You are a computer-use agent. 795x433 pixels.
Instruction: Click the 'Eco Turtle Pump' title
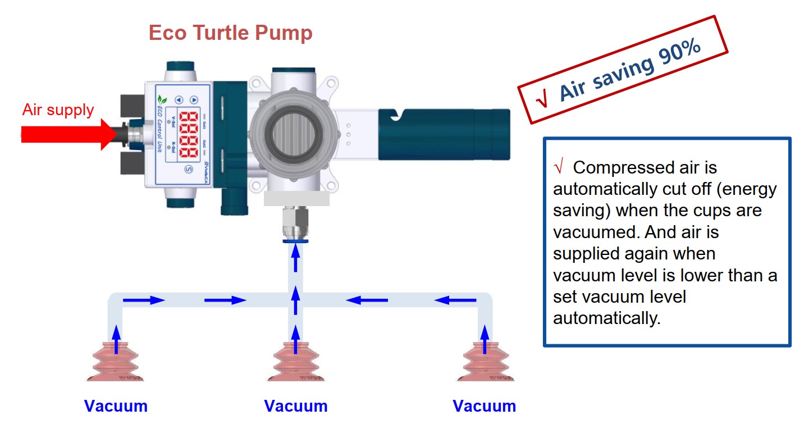[x=230, y=33]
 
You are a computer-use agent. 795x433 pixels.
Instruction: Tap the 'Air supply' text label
[x=58, y=110]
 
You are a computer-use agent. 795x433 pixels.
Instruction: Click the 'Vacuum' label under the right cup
[x=485, y=406]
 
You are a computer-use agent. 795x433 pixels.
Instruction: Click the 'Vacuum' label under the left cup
[x=116, y=406]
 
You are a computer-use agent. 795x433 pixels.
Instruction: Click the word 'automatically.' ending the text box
[x=605, y=318]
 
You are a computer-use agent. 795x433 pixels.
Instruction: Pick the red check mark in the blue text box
[x=558, y=167]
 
